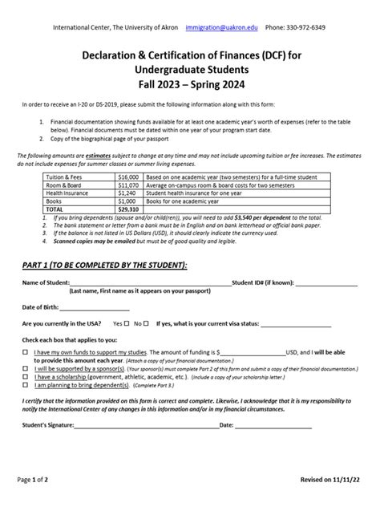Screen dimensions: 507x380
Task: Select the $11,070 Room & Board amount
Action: [128, 184]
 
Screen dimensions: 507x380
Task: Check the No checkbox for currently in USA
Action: [147, 323]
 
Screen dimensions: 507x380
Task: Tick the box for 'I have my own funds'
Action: [25, 352]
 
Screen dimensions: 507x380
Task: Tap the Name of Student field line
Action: [149, 283]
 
